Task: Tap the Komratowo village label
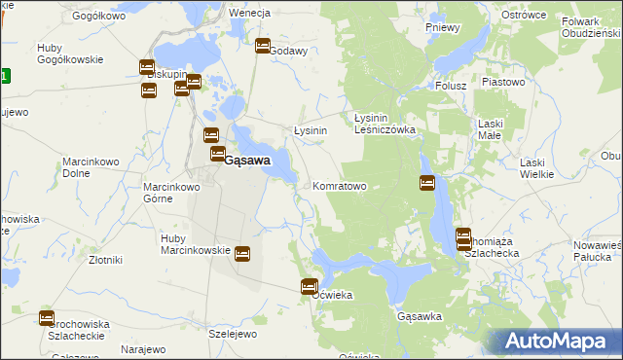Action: click(x=339, y=186)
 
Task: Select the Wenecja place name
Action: click(x=248, y=14)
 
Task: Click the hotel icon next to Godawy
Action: click(x=262, y=46)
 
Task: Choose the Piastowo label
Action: click(x=502, y=83)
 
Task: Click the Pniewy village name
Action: click(x=443, y=27)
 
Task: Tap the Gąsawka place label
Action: click(x=421, y=317)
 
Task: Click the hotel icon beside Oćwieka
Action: click(x=309, y=286)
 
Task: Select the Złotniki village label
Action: click(x=105, y=260)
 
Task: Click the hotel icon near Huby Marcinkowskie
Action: click(x=241, y=254)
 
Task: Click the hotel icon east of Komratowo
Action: click(x=426, y=182)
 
